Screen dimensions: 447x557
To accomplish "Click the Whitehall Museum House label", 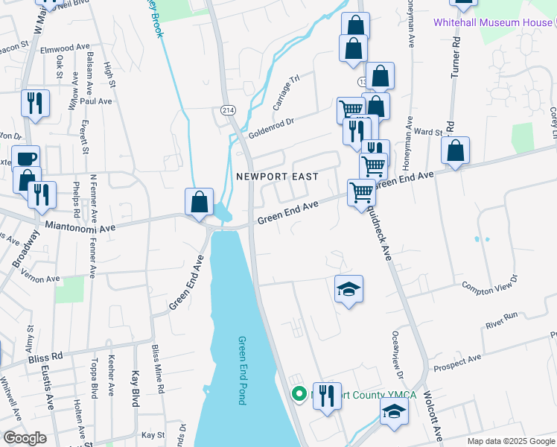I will tap(494, 22).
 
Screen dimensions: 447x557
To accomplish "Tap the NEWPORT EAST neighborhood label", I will tap(277, 177).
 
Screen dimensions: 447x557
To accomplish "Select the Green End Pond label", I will tap(242, 370).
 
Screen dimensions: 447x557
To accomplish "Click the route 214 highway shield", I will tap(228, 110).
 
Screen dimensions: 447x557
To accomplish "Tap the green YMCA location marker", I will tap(299, 394).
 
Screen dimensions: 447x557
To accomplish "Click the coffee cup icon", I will tap(26, 159).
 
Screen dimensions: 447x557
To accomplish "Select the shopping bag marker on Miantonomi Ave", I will tap(199, 202).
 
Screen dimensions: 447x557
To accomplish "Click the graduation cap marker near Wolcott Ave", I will tap(394, 410).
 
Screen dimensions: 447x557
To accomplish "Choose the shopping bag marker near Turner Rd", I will tap(456, 150).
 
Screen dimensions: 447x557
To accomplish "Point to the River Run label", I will tap(501, 320).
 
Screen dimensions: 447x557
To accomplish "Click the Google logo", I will tap(25, 438).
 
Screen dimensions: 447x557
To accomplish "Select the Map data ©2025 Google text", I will tap(511, 441).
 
